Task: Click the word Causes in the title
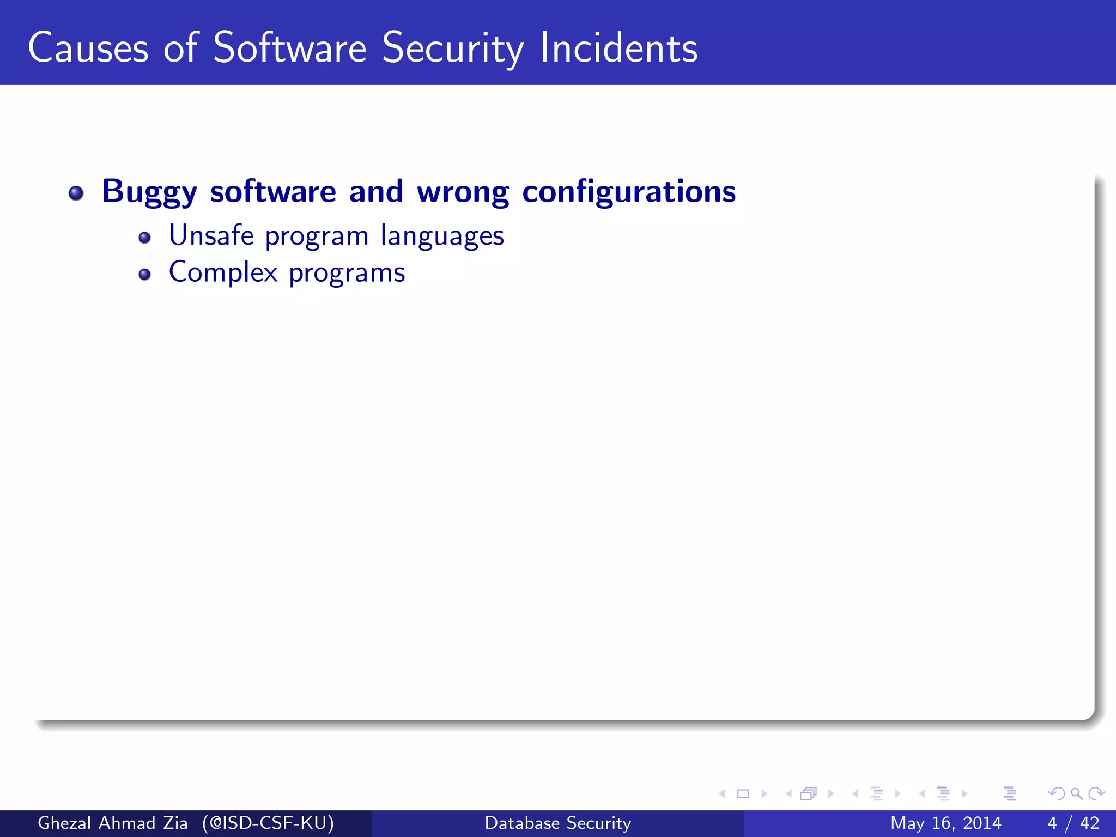click(88, 48)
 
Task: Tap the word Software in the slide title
click(289, 48)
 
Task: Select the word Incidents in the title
click(618, 48)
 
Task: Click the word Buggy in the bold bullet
click(149, 192)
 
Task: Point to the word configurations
click(629, 192)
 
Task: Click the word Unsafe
click(211, 235)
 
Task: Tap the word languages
click(442, 236)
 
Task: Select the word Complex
click(223, 272)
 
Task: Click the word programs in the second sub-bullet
click(347, 273)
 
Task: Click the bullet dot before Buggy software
click(76, 193)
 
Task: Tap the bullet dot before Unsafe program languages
click(144, 238)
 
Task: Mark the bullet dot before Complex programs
click(144, 274)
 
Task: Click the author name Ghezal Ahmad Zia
click(113, 823)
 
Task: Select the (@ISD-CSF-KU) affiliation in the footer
click(268, 823)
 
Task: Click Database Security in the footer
click(558, 823)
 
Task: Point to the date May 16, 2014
click(945, 823)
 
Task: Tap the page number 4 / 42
click(1073, 823)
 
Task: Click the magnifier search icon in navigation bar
click(1076, 794)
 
